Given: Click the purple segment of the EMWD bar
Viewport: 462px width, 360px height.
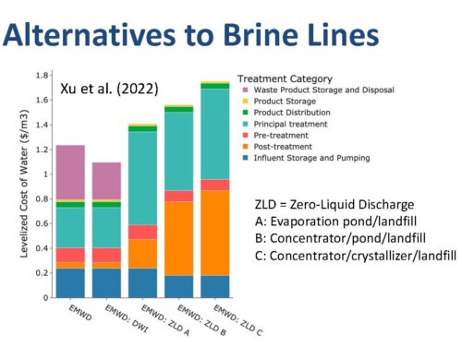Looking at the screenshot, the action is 70,173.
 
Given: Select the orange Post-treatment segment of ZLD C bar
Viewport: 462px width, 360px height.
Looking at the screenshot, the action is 215,233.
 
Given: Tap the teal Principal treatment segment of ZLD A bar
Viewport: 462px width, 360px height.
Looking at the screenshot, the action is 142,178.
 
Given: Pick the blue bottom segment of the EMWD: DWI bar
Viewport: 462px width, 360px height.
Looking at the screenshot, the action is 106,283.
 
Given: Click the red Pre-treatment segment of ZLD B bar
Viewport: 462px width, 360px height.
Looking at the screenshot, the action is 179,197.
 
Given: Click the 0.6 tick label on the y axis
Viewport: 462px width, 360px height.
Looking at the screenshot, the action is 43,223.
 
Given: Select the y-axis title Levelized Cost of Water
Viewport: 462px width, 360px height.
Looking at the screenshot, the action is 24,184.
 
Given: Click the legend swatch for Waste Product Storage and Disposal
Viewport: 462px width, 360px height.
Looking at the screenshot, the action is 246,90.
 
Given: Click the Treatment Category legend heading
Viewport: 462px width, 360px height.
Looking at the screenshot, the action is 285,78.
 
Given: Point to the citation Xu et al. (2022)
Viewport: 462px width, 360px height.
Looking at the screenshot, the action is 109,89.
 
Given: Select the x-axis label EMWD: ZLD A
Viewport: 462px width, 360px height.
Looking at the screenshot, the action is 165,320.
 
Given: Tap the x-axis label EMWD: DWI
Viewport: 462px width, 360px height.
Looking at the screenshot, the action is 127,318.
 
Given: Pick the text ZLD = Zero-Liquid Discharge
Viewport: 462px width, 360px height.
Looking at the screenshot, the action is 334,204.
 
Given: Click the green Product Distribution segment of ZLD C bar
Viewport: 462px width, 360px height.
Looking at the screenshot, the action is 215,86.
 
